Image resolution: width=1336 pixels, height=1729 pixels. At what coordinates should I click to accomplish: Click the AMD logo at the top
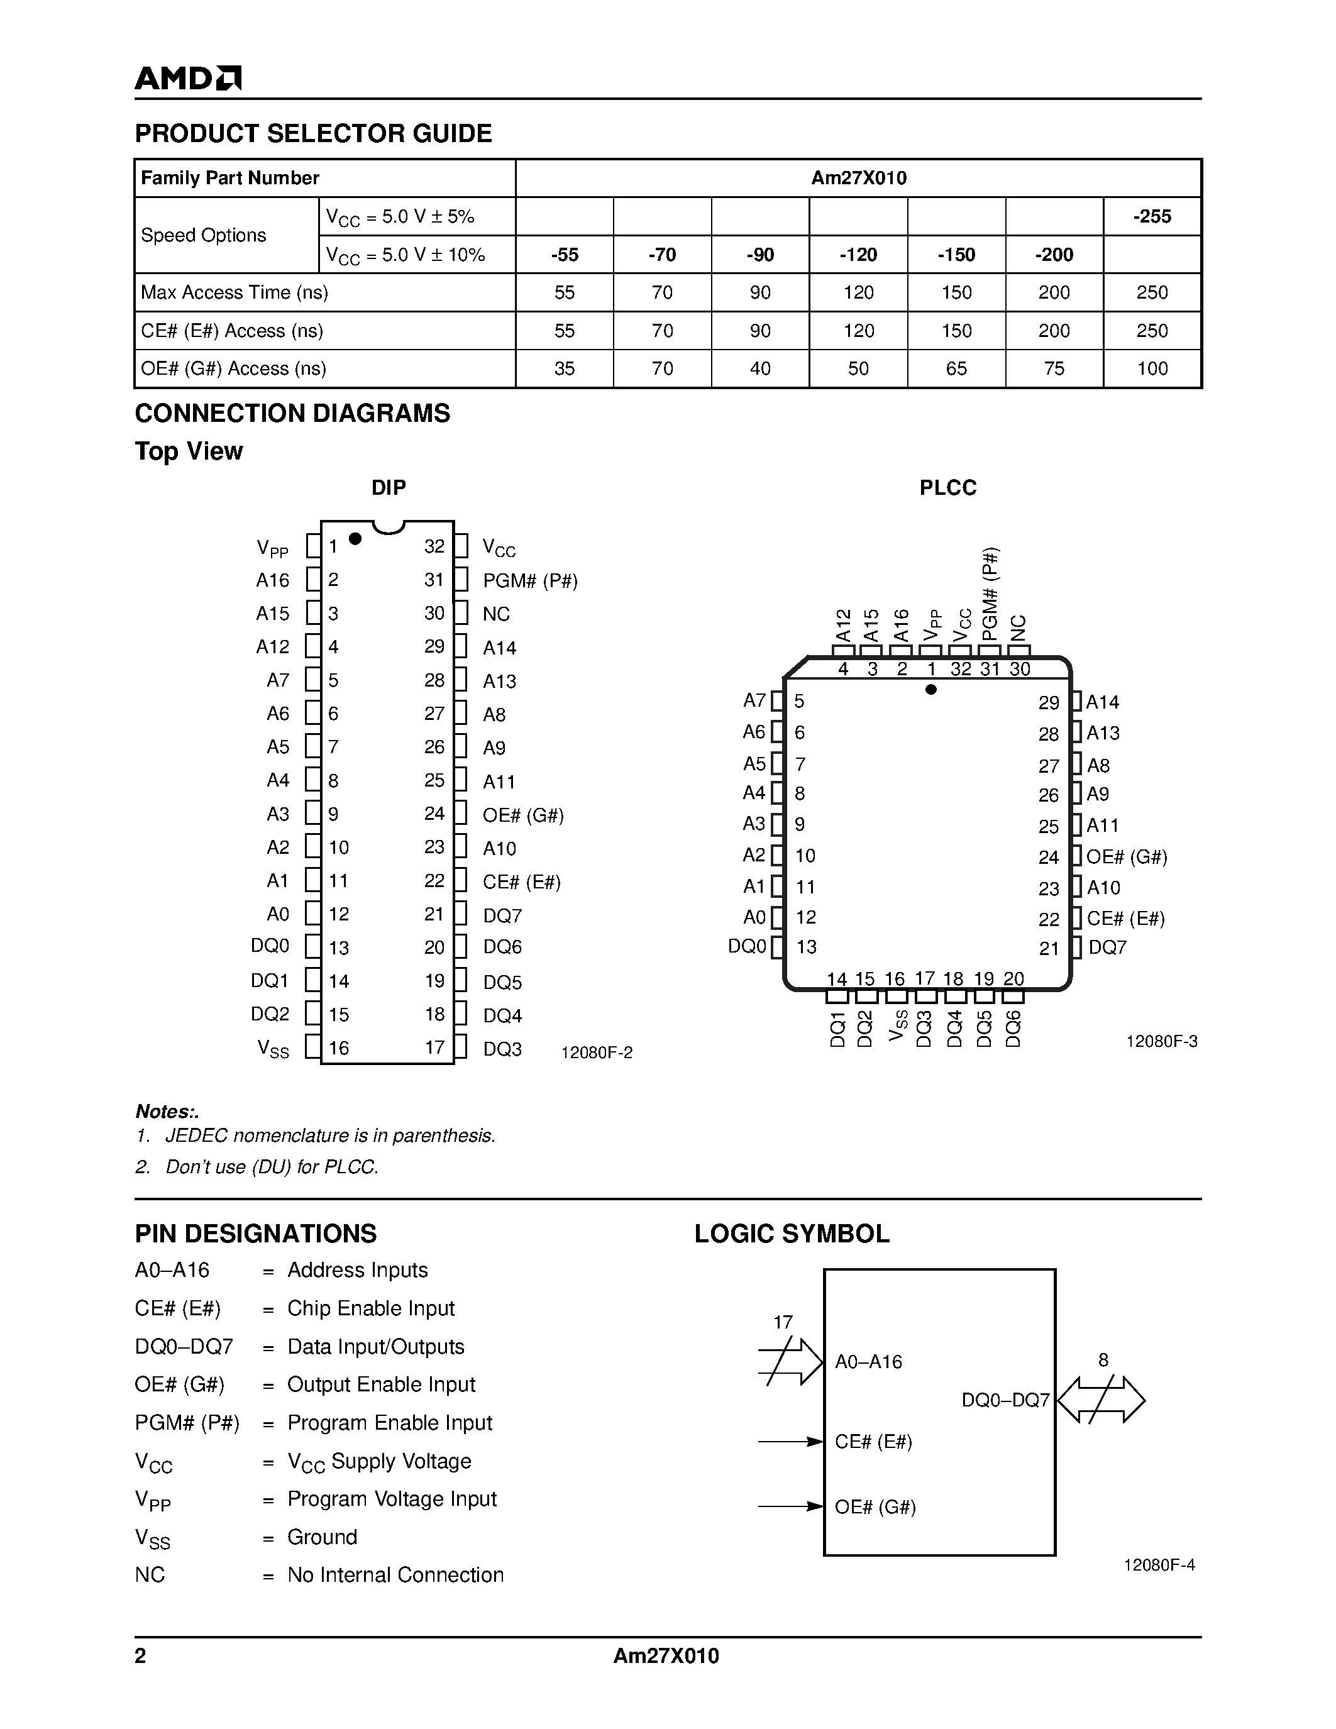coord(187,77)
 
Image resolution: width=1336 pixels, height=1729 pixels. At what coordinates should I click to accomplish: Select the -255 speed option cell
coord(1152,216)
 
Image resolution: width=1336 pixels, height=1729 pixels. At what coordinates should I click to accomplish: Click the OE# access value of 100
coord(1152,368)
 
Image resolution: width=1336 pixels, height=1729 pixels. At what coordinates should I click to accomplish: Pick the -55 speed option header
coord(565,254)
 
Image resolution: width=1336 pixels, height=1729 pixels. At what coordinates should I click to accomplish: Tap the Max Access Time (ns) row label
coord(235,292)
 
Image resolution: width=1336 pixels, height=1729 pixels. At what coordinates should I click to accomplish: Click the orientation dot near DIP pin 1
coord(355,538)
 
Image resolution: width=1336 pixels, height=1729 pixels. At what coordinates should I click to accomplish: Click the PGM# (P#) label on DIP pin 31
coord(530,581)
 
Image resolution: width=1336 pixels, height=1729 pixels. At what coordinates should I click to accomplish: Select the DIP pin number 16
coord(339,1047)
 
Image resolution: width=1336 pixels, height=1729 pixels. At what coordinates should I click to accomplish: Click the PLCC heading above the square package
coord(947,488)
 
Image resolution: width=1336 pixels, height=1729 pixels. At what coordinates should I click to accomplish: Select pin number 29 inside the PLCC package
coord(1049,702)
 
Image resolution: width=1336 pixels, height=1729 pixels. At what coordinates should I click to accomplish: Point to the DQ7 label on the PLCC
coord(1107,947)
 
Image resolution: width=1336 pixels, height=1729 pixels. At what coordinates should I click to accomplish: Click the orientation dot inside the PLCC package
coord(930,690)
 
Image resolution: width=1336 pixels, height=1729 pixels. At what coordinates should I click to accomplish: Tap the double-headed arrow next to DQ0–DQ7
coord(1101,1400)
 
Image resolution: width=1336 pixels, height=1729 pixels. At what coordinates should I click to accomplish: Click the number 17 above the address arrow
coord(783,1322)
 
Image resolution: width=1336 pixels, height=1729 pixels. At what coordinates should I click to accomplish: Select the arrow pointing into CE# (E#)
coord(791,1442)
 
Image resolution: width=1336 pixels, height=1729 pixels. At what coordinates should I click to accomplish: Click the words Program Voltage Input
coord(392,1499)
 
